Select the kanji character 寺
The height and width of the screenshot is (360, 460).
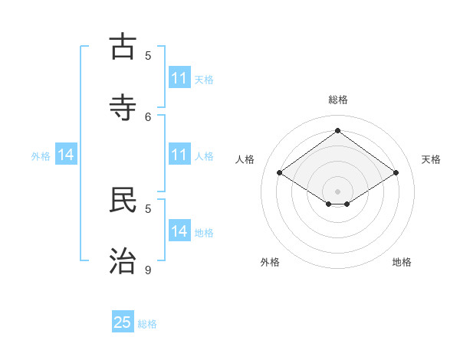[x=123, y=107]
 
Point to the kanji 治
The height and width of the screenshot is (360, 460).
[x=123, y=261]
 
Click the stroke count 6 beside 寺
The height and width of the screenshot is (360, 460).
[x=149, y=116]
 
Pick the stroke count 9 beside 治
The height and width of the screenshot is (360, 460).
[x=148, y=270]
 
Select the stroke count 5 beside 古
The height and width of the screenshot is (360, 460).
[x=148, y=55]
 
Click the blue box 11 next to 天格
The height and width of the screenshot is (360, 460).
[x=179, y=78]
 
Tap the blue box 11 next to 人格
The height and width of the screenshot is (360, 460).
[x=179, y=155]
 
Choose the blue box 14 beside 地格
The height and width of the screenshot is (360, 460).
[x=179, y=231]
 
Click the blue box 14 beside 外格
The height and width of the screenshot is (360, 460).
[x=66, y=155]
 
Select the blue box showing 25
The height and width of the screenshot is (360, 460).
[x=123, y=322]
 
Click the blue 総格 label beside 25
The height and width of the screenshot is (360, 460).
[x=147, y=324]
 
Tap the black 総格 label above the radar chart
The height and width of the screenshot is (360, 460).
[x=338, y=100]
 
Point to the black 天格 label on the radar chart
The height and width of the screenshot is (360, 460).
[x=431, y=159]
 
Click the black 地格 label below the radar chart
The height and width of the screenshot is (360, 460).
[x=402, y=262]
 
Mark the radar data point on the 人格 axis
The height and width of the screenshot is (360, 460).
[x=280, y=173]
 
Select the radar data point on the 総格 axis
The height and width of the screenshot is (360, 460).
[x=337, y=130]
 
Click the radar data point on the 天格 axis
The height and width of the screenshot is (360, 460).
[x=396, y=173]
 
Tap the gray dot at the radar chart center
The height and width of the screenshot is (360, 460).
[x=337, y=191]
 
